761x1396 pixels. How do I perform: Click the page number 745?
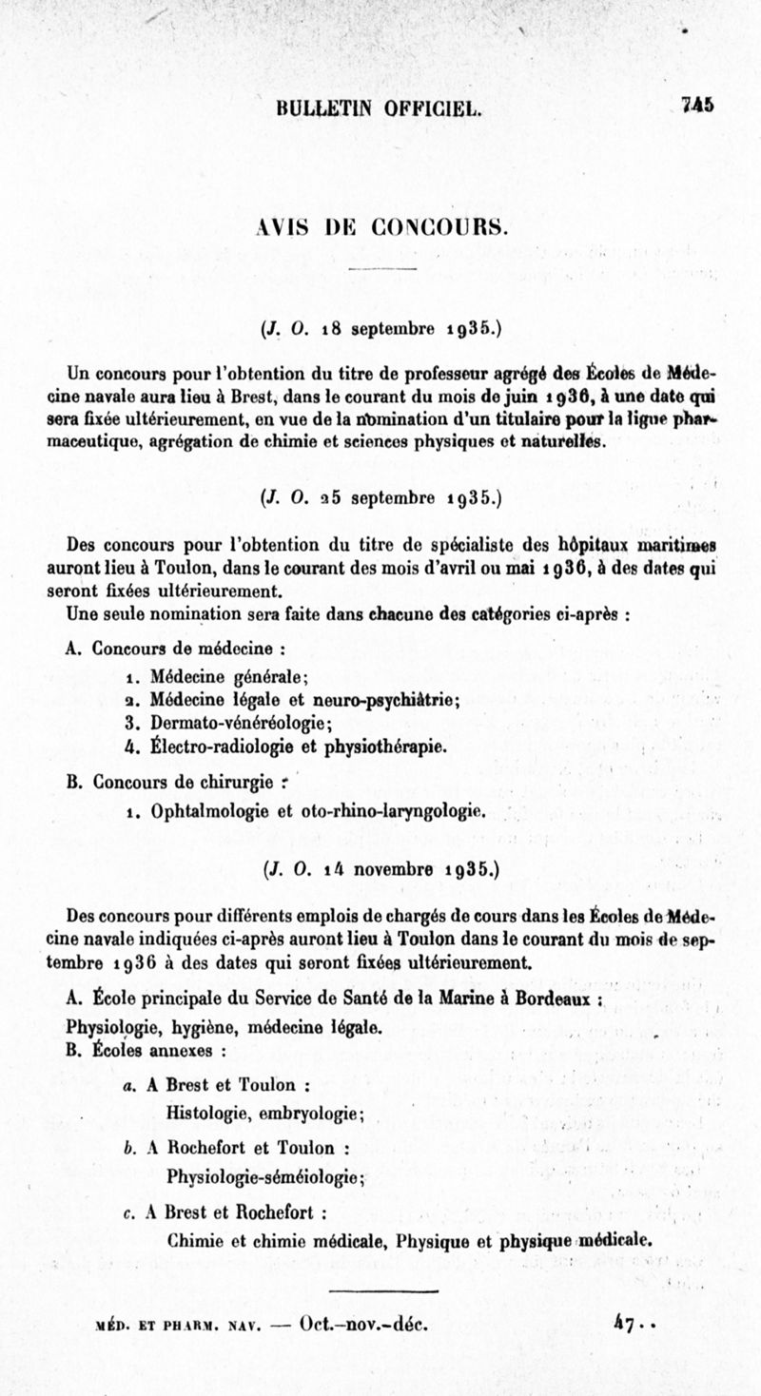pos(697,105)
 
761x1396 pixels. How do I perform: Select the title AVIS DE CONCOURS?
pos(380,227)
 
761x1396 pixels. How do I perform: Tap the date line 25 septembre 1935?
pos(380,495)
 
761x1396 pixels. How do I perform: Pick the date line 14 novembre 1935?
pos(380,867)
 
